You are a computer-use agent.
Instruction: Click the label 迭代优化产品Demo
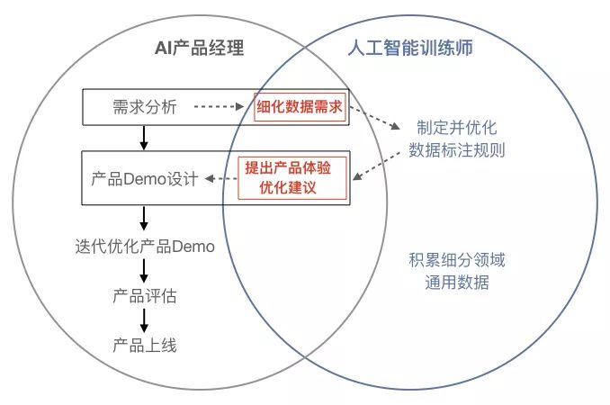[x=145, y=246]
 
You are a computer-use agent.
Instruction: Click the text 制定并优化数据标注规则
[x=456, y=138]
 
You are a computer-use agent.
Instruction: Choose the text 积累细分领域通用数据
[x=456, y=273]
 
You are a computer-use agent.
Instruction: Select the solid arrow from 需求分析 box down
[x=144, y=137]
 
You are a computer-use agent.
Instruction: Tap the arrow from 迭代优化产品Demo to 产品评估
[x=144, y=271]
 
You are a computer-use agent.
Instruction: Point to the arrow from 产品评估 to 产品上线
[x=144, y=320]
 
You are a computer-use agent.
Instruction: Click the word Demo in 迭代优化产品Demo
[x=193, y=246]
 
